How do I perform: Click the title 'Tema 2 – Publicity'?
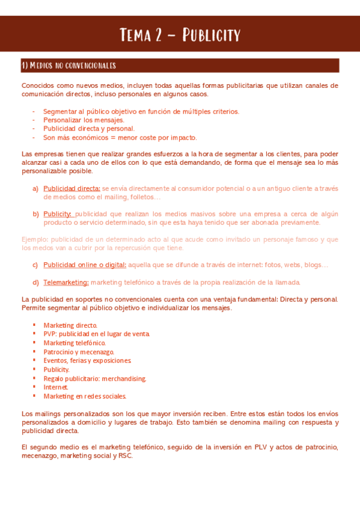[180, 34]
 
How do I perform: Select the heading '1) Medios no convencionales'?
[69, 66]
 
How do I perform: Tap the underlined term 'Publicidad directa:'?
[72, 188]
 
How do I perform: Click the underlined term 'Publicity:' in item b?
[58, 214]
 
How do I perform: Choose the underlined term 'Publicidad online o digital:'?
[85, 265]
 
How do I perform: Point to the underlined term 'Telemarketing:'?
[66, 282]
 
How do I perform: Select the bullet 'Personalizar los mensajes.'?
[84, 120]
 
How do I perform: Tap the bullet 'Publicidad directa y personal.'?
[89, 128]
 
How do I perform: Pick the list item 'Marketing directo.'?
[70, 325]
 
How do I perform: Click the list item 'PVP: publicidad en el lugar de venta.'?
[96, 334]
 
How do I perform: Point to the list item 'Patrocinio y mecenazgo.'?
[78, 352]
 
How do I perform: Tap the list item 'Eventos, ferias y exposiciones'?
[87, 360]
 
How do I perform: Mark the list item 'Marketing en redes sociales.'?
[85, 396]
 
